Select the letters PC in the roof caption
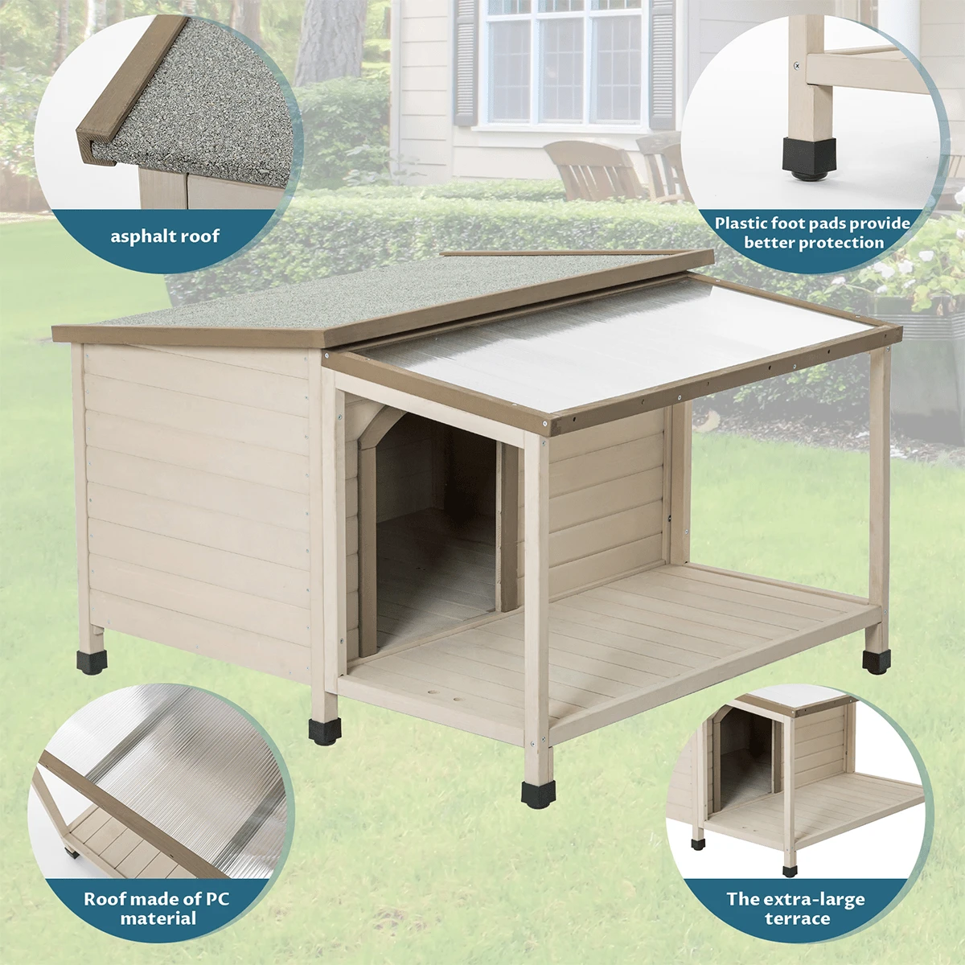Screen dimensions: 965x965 click(215, 898)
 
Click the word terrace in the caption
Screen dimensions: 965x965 click(797, 918)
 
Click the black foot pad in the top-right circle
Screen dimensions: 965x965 click(809, 156)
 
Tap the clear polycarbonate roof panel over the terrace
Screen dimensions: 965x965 click(611, 338)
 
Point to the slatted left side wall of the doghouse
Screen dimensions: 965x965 click(197, 491)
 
